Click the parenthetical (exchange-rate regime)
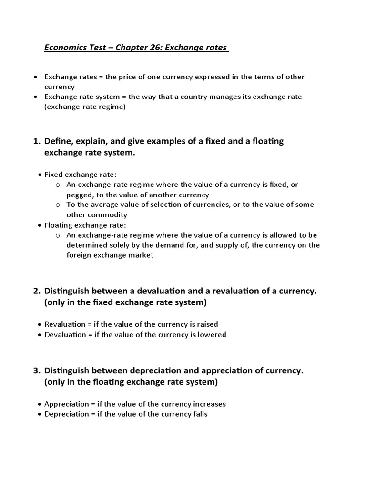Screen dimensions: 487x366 click(x=85, y=107)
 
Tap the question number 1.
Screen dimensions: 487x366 click(x=36, y=141)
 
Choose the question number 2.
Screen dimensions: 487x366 click(x=36, y=291)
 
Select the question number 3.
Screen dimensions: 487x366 click(x=36, y=370)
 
